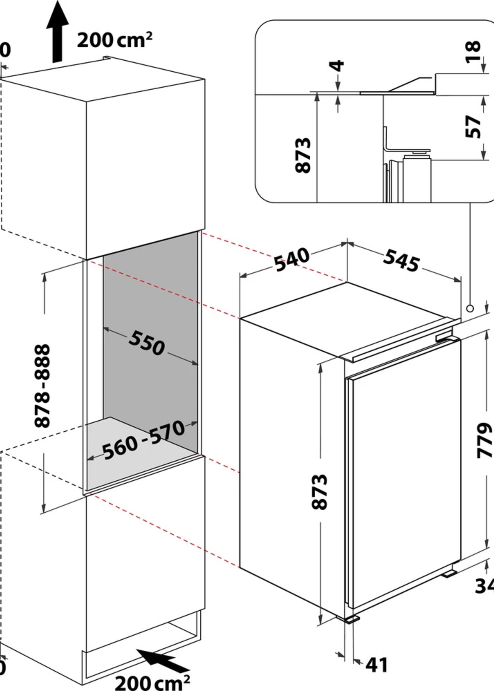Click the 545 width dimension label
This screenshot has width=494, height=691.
click(401, 260)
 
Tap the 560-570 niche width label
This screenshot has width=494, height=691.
click(143, 440)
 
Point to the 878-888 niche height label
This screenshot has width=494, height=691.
click(42, 386)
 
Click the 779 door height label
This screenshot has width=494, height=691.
click(484, 440)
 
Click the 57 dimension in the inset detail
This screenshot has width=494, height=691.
click(473, 126)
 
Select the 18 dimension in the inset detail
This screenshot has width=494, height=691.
click(473, 52)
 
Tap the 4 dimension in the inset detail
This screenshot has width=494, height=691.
click(337, 66)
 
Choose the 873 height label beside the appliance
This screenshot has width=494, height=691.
click(320, 492)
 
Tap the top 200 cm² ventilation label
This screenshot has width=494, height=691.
click(114, 40)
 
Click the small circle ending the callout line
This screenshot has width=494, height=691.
click(470, 309)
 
